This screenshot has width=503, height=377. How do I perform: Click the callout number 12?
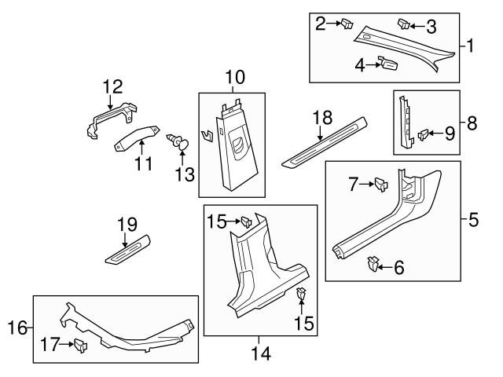click(112, 85)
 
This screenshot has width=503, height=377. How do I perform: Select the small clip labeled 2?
click(347, 24)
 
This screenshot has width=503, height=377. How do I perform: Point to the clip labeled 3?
click(404, 24)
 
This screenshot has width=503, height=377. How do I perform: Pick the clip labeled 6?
click(373, 264)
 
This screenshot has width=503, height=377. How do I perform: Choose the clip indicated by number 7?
click(380, 184)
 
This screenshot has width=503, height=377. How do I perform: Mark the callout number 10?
click(235, 77)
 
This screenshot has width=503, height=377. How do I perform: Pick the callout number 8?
click(472, 123)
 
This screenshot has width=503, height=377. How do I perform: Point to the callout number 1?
click(471, 46)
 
